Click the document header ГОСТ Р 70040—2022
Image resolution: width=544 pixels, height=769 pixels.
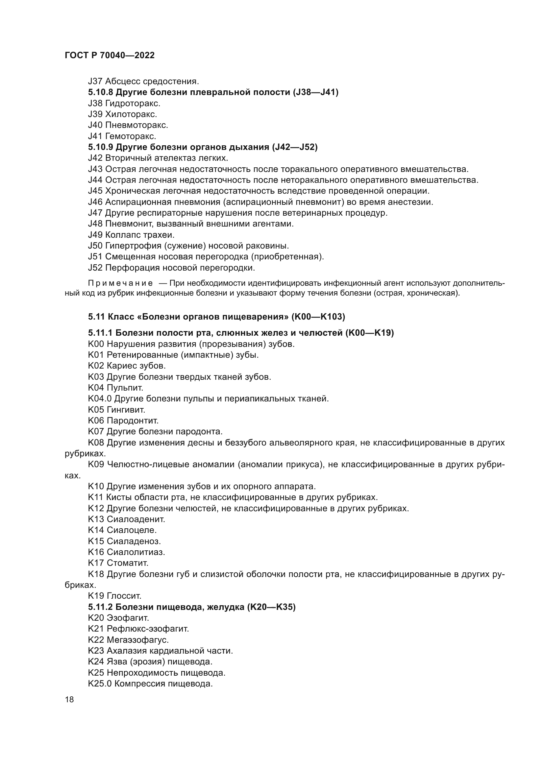pyautogui.click(x=110, y=56)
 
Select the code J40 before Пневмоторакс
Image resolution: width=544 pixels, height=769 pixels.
pyautogui.click(x=95, y=125)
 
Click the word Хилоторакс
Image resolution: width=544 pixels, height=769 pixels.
pyautogui.click(x=131, y=114)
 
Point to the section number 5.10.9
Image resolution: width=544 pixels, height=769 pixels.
pyautogui.click(x=101, y=147)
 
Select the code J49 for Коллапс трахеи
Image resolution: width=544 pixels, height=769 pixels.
pyautogui.click(x=95, y=235)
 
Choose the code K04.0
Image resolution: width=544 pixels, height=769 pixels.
pyautogui.click(x=99, y=398)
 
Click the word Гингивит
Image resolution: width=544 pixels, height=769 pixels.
pyautogui.click(x=126, y=410)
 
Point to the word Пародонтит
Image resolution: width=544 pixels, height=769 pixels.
pyautogui.click(x=133, y=421)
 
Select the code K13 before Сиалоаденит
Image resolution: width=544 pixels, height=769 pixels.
pyautogui.click(x=96, y=519)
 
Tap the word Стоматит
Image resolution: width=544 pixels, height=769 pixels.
pyautogui.click(x=128, y=563)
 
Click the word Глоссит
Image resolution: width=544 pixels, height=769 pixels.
pyautogui.click(x=124, y=596)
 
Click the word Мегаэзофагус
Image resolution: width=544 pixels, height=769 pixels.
pyautogui.click(x=138, y=640)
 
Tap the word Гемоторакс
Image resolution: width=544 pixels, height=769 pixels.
pyautogui.click(x=131, y=136)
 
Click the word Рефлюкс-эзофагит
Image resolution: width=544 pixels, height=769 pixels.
pyautogui.click(x=148, y=629)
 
